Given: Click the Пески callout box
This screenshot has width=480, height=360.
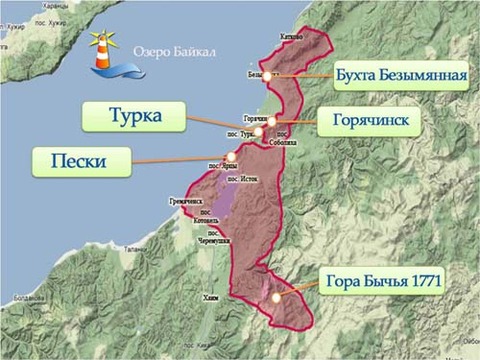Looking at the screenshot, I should [83, 161].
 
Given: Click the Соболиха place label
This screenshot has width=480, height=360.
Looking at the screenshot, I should [283, 142].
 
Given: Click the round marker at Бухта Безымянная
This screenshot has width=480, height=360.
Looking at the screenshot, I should [266, 76].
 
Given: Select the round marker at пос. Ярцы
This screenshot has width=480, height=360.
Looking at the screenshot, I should [231, 156].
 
